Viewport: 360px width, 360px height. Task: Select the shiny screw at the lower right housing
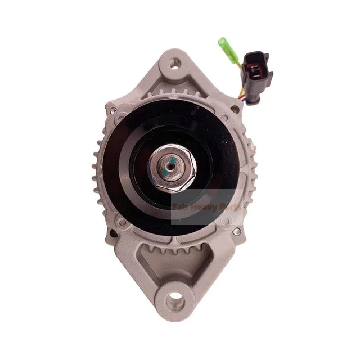point(237,231)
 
